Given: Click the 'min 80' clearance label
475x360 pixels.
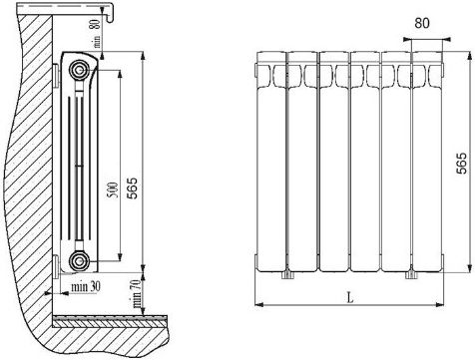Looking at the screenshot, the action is pos(97,33).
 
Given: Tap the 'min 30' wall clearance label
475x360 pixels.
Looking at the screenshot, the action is pos(85,286).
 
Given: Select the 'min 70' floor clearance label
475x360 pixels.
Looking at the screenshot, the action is pos(137,293).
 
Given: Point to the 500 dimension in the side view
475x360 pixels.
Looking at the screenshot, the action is pos(114,189).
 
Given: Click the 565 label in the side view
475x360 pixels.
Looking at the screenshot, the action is pos(133,188).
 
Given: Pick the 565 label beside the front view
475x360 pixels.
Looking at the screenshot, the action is pos(461,164).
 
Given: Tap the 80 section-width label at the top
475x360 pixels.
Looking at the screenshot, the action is pos(422,23).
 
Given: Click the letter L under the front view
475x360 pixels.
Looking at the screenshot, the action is pos(350,297).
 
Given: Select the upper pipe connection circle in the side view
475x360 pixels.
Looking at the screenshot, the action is pos(79,70).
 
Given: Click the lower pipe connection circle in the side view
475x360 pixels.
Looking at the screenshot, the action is pos(79,260).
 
